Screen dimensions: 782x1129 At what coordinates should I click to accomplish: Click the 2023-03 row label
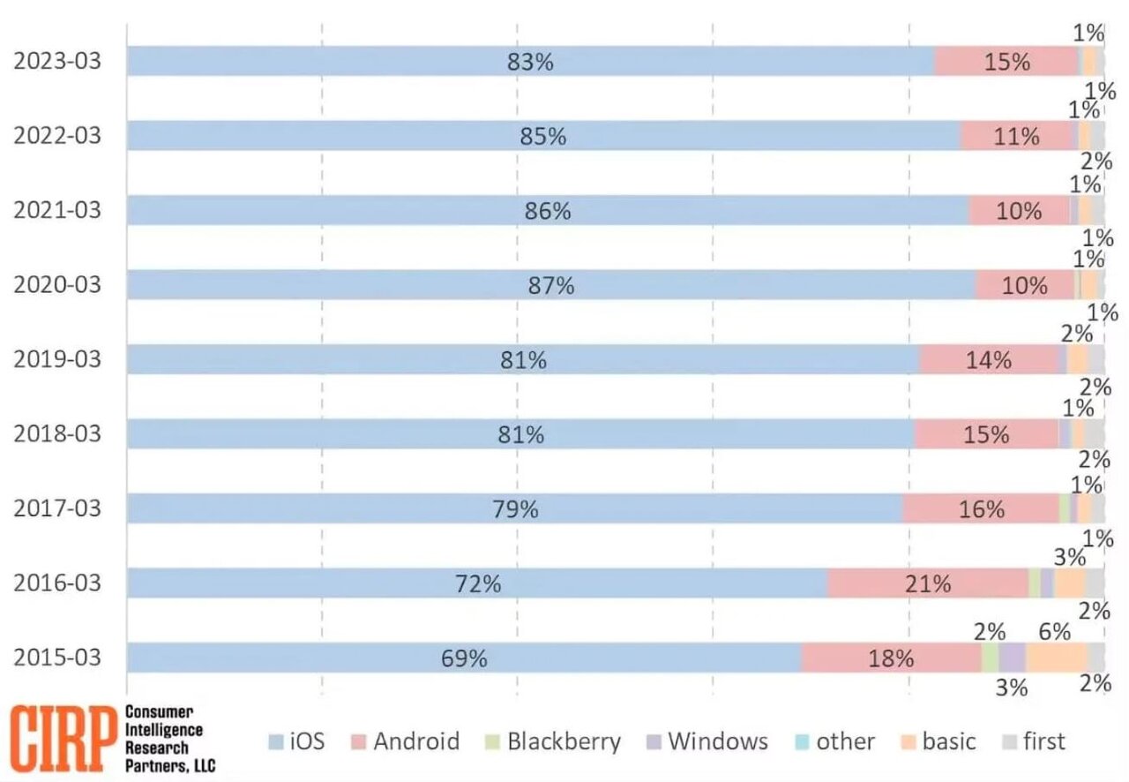click(x=56, y=62)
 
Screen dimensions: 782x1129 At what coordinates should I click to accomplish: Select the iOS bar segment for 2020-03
click(x=353, y=285)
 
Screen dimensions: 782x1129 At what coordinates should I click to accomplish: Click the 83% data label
click(x=530, y=62)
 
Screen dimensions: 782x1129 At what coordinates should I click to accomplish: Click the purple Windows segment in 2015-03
click(x=1012, y=658)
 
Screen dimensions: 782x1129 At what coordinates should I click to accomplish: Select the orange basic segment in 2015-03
click(x=1056, y=658)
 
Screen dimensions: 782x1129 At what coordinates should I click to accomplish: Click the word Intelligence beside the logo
click(x=164, y=729)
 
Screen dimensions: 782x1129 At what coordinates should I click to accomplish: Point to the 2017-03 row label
click(x=56, y=509)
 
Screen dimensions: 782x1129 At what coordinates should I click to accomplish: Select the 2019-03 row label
click(x=56, y=360)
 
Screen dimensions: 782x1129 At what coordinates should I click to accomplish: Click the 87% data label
click(x=551, y=285)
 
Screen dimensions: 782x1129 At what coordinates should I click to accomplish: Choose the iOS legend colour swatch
click(x=274, y=742)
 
